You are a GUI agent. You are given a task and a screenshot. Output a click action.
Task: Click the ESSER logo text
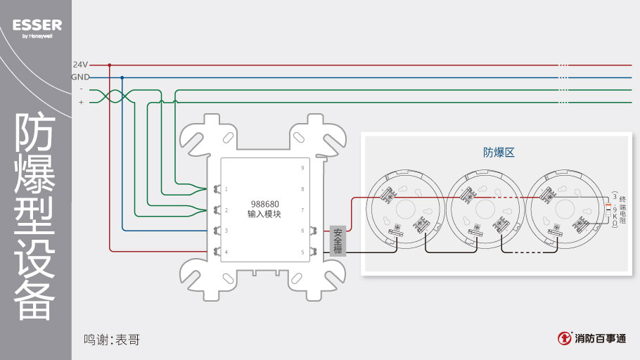point(37,25)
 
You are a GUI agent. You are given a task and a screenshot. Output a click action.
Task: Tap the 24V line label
point(80,65)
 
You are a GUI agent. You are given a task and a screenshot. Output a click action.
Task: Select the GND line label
point(80,77)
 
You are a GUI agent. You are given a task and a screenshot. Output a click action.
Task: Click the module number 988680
point(264,204)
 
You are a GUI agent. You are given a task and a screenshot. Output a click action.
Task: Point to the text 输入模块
point(264,214)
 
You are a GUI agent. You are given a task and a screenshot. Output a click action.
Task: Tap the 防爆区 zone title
point(499,152)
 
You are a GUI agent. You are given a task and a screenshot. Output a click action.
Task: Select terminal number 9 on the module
point(302,168)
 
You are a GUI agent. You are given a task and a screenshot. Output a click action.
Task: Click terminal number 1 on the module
point(226,189)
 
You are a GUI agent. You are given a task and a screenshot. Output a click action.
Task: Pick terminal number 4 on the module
point(226,252)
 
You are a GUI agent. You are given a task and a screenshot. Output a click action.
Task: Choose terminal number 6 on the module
point(302,231)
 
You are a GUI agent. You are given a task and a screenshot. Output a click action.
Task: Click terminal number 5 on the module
point(302,252)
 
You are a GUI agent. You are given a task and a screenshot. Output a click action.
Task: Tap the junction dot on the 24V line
point(110,65)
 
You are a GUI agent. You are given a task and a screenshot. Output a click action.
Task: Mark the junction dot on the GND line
point(122,77)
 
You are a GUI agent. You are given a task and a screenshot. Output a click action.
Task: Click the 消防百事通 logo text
point(599,338)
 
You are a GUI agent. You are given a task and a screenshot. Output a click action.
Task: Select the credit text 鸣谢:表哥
point(112,340)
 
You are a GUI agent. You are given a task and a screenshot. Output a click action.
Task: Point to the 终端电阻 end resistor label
point(622,209)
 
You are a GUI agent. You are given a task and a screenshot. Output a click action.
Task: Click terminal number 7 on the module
point(302,210)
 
